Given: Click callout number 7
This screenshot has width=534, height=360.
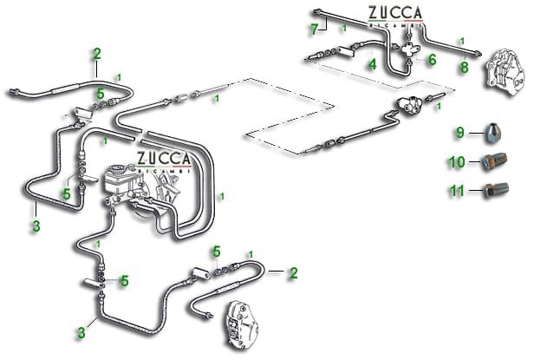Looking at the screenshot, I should point(315,29).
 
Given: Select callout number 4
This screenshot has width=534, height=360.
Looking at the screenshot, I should point(371,62).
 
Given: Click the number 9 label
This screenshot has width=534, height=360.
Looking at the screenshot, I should point(461,133).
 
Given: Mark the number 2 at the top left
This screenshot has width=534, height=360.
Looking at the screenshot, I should point(97,54).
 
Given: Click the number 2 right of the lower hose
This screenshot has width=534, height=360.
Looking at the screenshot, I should point(293,272).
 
